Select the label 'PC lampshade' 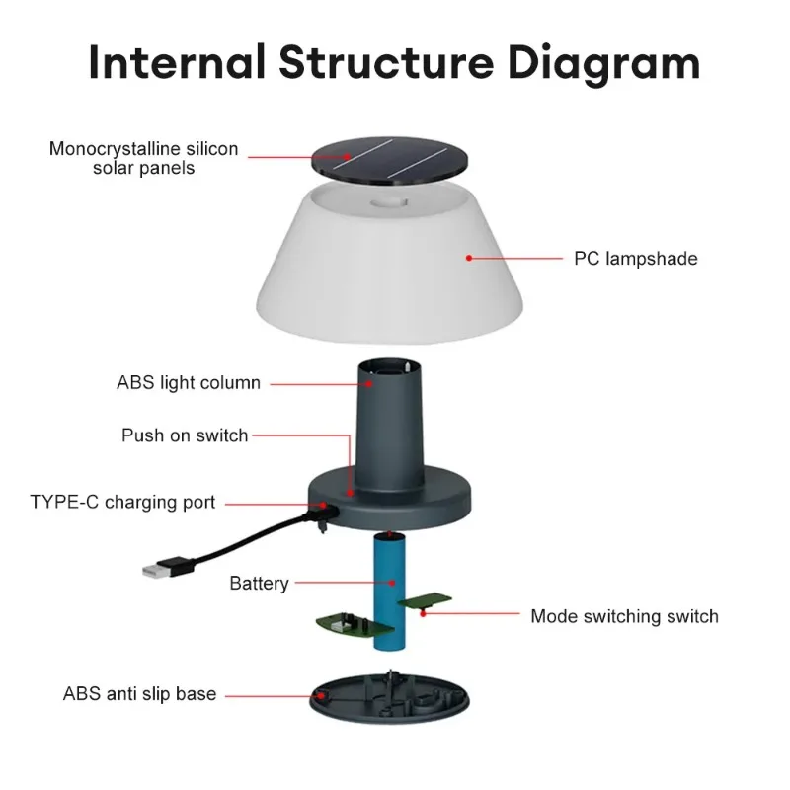[635, 259]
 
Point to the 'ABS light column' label [189, 382]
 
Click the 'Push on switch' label [185, 434]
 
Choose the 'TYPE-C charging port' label [122, 502]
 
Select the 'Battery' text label [259, 583]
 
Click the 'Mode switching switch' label [624, 616]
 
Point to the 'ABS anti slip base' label [139, 693]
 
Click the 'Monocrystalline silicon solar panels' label [144, 158]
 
